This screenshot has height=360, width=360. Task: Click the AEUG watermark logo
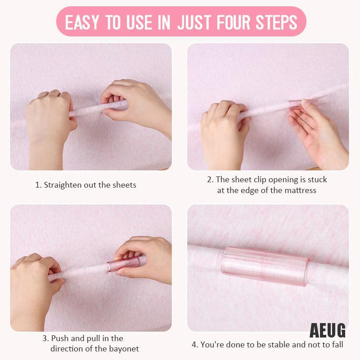328,331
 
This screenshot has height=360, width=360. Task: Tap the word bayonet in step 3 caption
125,348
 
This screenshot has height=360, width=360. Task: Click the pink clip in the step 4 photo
264,266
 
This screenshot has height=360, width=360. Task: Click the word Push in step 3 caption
60,338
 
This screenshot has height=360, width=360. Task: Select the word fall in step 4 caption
337,345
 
